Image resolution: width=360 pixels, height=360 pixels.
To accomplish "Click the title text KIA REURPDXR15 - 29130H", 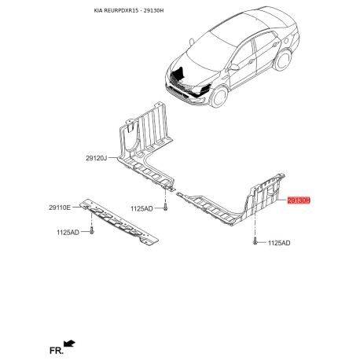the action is click(129, 10).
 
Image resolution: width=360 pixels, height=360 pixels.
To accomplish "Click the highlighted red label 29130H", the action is click(299, 200).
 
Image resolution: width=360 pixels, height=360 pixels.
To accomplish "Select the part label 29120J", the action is click(96, 158).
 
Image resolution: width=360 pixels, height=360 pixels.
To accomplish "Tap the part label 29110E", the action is click(60, 208).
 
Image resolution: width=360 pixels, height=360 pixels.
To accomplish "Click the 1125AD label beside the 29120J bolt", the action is click(141, 208).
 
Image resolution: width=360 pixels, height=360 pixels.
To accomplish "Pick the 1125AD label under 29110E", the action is click(68, 232).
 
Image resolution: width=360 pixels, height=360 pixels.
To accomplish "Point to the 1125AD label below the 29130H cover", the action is click(279, 243).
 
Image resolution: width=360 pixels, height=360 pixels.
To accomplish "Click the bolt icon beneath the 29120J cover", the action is click(165, 208).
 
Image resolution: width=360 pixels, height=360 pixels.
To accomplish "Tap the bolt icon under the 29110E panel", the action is click(92, 230).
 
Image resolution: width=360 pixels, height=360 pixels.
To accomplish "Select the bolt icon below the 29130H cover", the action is click(255, 241).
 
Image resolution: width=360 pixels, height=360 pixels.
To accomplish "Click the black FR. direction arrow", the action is click(69, 343).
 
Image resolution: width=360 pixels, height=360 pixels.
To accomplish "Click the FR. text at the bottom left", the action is click(57, 351).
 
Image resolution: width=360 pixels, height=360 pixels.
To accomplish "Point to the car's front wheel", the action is click(219, 97).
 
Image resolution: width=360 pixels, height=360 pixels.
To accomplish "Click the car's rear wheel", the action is click(283, 60).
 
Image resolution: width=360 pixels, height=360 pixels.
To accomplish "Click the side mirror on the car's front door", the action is click(234, 68).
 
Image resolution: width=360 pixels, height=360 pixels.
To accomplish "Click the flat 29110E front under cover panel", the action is click(119, 222).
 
